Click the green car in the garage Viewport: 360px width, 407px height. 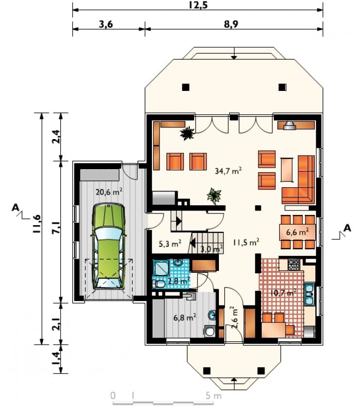click(108, 247)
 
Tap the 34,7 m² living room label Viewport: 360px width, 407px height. click(228, 171)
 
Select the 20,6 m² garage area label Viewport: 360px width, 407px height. click(109, 192)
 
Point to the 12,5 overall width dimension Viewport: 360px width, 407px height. click(198, 5)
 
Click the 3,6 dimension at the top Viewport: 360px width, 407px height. click(106, 24)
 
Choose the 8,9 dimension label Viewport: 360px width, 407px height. click(231, 24)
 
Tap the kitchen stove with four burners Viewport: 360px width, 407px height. click(293, 265)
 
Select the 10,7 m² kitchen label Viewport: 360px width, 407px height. click(283, 293)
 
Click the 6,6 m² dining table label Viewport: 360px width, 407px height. click(297, 232)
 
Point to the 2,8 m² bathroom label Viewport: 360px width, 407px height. click(179, 281)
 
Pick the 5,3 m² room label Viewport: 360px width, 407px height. click(170, 244)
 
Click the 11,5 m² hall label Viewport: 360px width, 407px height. click(246, 243)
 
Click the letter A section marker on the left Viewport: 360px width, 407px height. click(16, 208)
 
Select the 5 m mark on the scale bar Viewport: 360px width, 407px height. click(214, 396)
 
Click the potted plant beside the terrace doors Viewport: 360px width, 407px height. click(187, 133)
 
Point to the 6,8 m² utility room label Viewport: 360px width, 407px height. click(184, 317)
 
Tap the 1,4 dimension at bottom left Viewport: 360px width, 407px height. click(56, 358)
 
